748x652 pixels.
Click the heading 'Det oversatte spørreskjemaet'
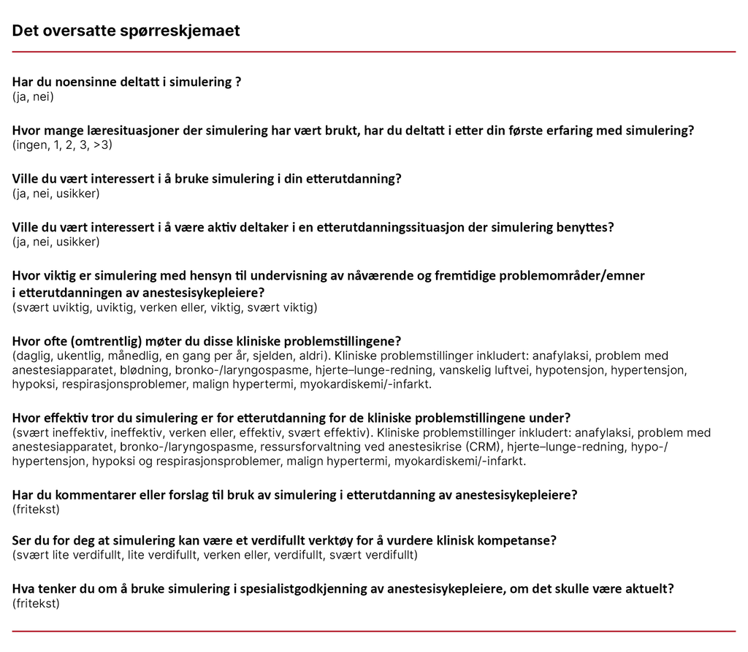click(126, 31)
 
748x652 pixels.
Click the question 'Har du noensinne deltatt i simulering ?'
click(126, 82)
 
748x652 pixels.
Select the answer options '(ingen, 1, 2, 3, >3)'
click(62, 145)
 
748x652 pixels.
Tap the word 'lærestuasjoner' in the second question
click(110, 131)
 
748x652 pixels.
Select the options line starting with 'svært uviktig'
click(164, 307)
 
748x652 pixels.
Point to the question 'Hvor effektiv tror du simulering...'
click(291, 418)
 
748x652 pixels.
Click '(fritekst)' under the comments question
click(36, 509)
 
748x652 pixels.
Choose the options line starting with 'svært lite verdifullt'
click(215, 556)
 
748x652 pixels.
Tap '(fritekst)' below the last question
click(36, 603)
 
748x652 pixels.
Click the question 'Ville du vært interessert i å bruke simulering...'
click(207, 179)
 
